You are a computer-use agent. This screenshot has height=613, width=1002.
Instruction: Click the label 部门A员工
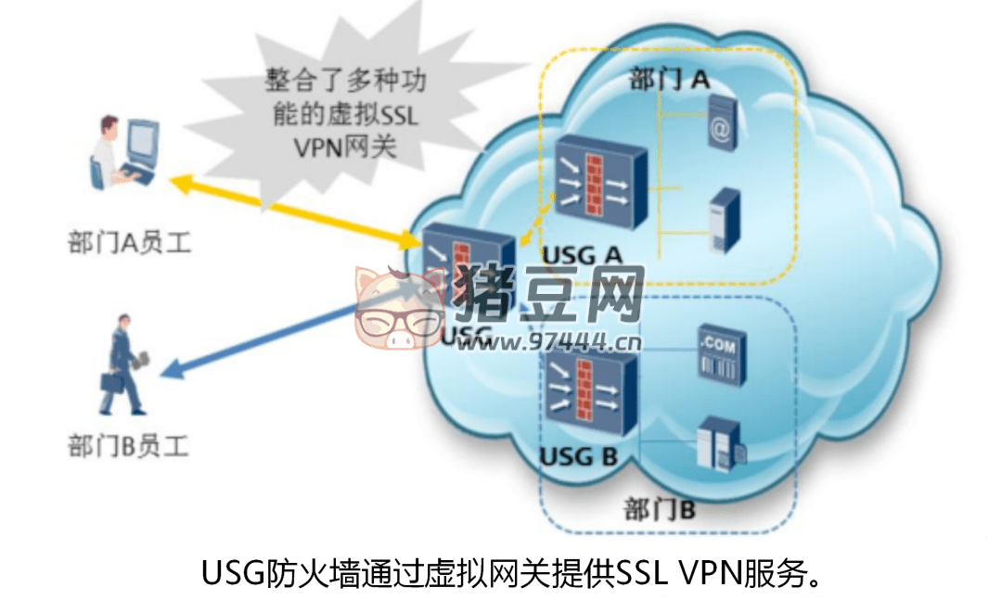(x=129, y=244)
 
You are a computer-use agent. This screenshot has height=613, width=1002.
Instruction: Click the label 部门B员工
(x=128, y=446)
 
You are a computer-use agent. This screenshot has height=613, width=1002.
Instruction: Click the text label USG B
(x=578, y=456)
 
